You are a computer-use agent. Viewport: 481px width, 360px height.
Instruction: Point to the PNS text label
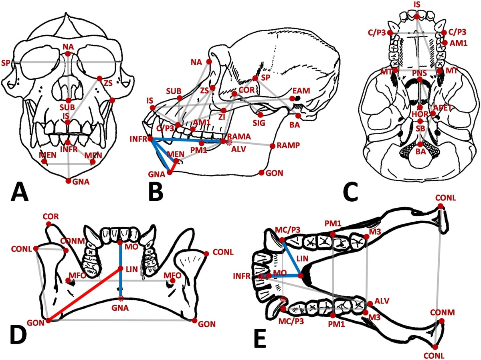tap(418, 73)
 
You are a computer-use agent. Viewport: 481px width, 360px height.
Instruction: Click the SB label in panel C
tap(420, 128)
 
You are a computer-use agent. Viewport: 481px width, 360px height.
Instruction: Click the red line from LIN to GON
tap(84, 295)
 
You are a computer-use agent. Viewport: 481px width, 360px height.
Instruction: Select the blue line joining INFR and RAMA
tap(186, 141)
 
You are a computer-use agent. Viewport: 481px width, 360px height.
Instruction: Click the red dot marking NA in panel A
tap(68, 53)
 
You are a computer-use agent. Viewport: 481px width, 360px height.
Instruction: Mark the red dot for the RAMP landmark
tap(273, 146)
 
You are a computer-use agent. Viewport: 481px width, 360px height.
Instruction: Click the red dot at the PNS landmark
tap(419, 80)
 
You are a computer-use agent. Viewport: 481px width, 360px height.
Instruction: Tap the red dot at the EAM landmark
tap(293, 98)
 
